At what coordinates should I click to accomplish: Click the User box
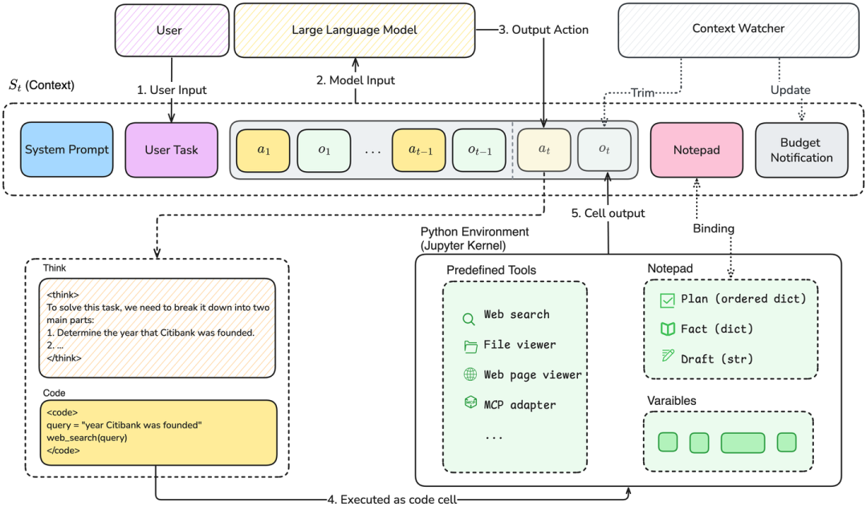tap(172, 31)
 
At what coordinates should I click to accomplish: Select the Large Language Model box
tap(355, 31)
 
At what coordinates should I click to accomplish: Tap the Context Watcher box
tap(739, 30)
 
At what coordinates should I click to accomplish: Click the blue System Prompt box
tap(67, 149)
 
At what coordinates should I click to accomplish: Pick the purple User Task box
tap(172, 150)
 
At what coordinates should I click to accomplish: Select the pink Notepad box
tap(697, 150)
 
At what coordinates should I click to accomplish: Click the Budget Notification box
tap(802, 150)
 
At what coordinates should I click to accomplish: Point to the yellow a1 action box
tap(263, 150)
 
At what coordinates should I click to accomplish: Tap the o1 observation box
tap(324, 150)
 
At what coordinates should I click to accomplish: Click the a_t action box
tap(544, 150)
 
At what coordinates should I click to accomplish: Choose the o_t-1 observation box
tap(479, 150)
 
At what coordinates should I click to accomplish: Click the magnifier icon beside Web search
tap(468, 319)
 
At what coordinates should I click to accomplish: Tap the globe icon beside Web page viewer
tap(470, 374)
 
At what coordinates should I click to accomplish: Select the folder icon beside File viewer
tap(470, 346)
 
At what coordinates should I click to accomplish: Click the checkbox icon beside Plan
tap(667, 300)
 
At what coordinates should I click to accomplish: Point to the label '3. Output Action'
tap(543, 30)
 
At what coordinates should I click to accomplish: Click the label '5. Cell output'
tap(608, 213)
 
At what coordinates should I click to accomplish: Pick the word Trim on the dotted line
tap(643, 92)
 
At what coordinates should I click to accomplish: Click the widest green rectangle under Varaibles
tap(743, 443)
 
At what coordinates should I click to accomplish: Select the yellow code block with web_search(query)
tap(158, 433)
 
